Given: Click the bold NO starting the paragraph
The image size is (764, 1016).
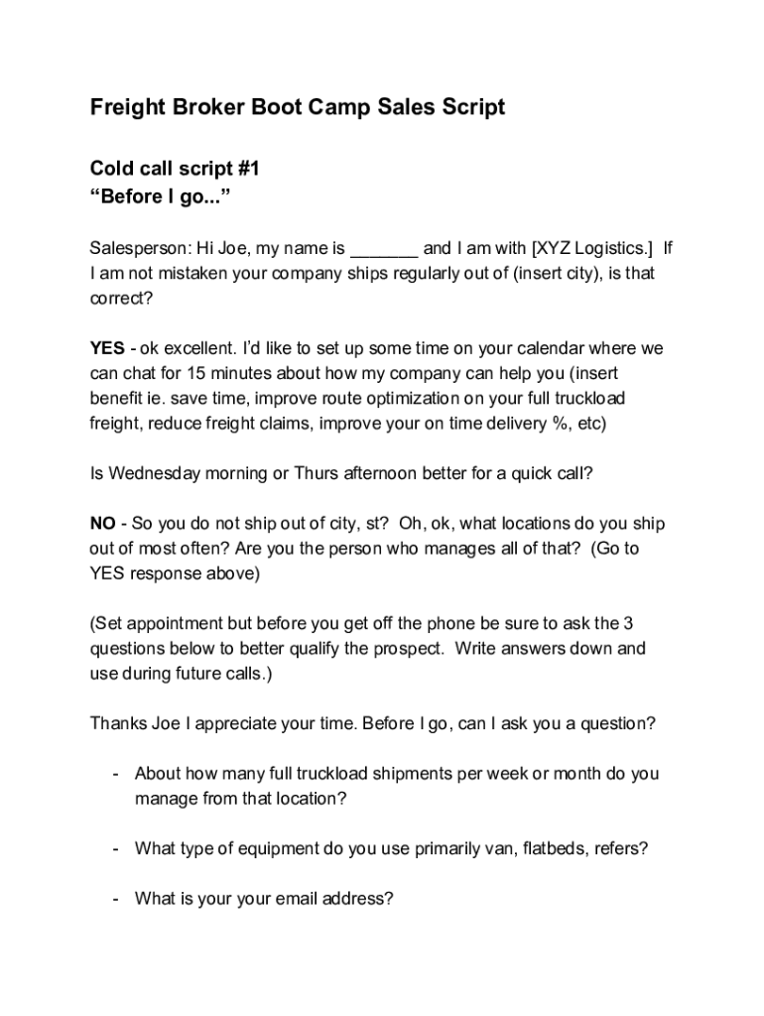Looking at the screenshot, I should [x=102, y=524].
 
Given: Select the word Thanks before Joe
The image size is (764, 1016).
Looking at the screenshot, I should [x=118, y=723].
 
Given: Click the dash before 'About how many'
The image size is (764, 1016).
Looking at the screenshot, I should [x=117, y=774].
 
